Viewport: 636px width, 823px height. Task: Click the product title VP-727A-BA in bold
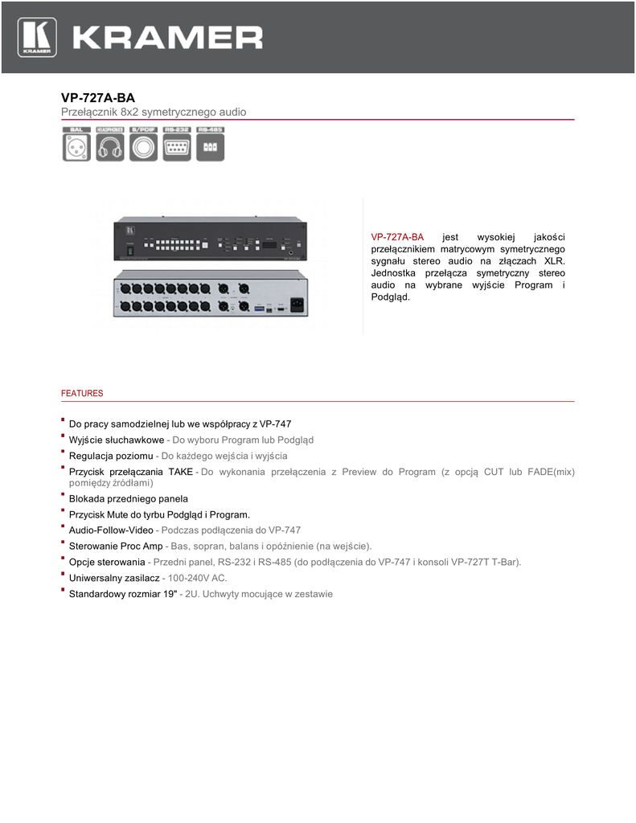98,97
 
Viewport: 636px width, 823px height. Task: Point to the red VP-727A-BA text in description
397,237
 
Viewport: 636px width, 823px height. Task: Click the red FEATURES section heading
82,394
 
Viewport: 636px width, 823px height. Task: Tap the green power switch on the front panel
129,252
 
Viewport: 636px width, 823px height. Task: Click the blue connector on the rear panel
259,308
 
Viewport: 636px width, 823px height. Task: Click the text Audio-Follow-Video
111,530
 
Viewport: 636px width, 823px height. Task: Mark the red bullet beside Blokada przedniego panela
63,496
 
